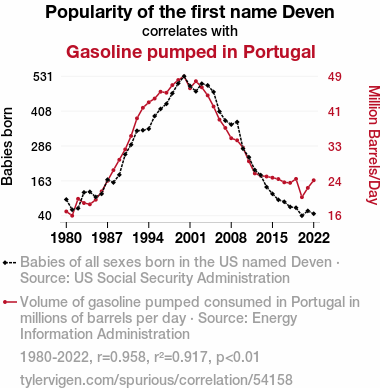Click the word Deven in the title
(308, 12)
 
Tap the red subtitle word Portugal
(279, 52)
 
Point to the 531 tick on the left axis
(43, 77)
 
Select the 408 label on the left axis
(41, 112)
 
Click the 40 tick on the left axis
(45, 216)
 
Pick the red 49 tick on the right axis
(335, 77)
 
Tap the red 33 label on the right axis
(335, 146)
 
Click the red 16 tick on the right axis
(335, 216)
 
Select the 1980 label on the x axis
(66, 238)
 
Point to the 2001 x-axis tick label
(190, 238)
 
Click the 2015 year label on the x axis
(272, 238)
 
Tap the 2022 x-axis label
(314, 238)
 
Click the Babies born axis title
(7, 146)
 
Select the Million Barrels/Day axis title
(373, 145)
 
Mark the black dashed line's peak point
(184, 76)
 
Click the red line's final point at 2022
(314, 180)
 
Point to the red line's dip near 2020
(302, 197)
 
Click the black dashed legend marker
(9, 263)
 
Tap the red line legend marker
(9, 302)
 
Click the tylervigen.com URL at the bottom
(156, 380)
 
